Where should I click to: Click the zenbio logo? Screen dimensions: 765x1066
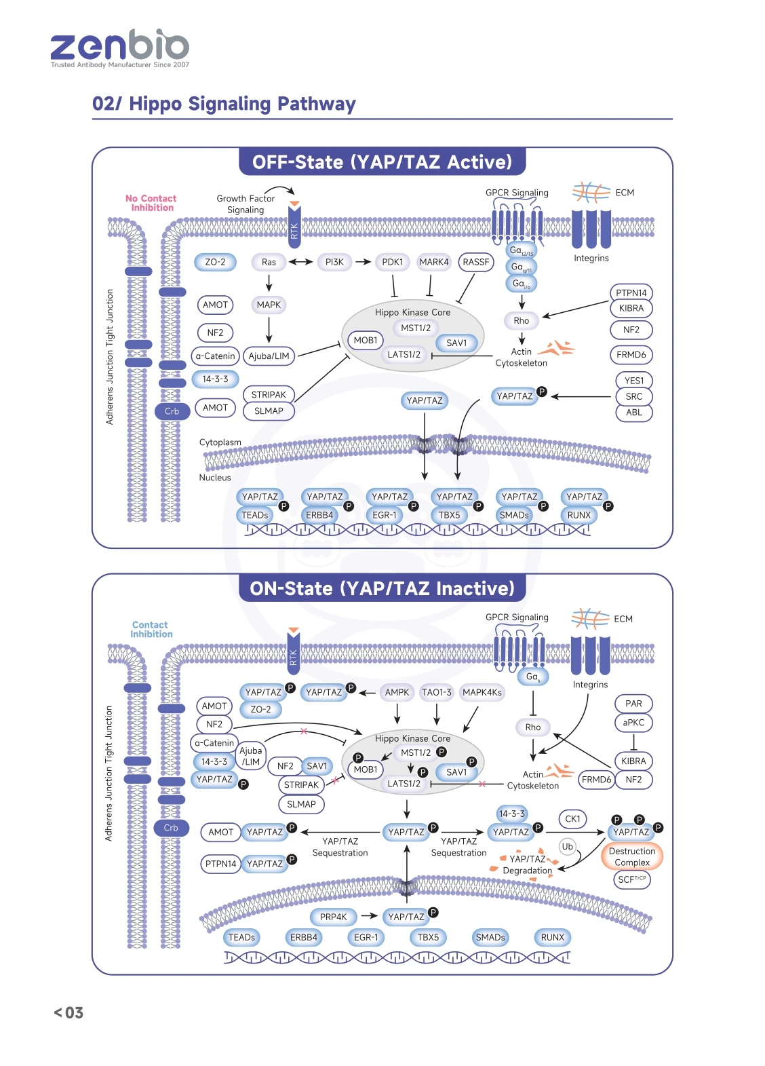click(120, 49)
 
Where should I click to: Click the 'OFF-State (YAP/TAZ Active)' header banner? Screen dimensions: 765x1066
click(382, 161)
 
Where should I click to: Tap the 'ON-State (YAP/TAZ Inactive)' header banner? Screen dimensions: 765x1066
click(382, 588)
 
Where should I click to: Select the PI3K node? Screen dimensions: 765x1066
click(334, 262)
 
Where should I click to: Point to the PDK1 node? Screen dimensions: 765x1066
click(393, 262)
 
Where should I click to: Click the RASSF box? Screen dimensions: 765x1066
click(475, 262)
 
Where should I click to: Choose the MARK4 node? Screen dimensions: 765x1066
click(434, 262)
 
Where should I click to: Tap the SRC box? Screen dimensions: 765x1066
click(633, 396)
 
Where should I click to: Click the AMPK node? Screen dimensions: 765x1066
click(397, 692)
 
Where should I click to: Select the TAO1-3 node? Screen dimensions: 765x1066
click(437, 692)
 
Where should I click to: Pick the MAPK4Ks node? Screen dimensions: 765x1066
click(482, 692)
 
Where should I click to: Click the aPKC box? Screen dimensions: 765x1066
click(633, 723)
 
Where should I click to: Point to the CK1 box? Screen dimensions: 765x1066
click(572, 818)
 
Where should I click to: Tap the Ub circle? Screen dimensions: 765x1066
click(567, 846)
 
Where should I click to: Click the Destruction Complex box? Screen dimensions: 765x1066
click(632, 856)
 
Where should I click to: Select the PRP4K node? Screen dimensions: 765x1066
click(333, 917)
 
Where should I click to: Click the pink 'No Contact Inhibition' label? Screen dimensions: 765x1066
click(151, 203)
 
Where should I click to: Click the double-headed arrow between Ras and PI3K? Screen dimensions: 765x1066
click(300, 262)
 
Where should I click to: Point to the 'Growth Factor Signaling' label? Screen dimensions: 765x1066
click(246, 204)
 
